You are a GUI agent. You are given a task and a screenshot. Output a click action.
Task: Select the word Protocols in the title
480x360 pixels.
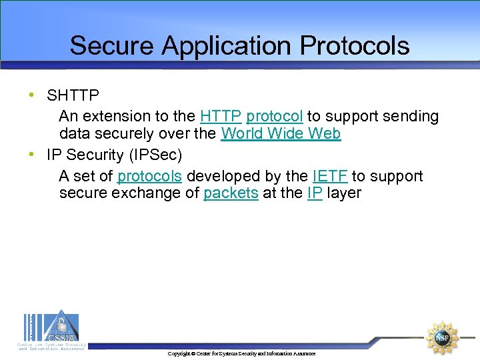coord(355,46)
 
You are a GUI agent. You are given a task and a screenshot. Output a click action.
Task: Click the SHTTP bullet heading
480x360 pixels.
coord(73,95)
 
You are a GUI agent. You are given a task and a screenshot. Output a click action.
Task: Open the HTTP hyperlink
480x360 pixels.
coord(221,116)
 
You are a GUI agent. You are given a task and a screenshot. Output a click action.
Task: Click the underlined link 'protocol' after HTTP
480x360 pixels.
coord(275,116)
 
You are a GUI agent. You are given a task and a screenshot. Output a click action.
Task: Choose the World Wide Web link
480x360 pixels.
coord(281,133)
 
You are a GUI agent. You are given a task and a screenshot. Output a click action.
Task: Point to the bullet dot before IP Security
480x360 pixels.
coord(32,155)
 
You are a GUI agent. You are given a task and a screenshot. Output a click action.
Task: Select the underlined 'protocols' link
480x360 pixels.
coord(150,176)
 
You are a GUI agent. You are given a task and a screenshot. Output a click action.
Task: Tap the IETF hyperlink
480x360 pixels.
coord(329,176)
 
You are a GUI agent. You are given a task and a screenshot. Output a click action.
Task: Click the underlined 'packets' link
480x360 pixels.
coord(231,193)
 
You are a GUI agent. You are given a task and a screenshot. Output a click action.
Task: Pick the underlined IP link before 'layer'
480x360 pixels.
coord(315,193)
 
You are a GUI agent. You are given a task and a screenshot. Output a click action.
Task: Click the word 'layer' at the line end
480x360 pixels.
coord(344,193)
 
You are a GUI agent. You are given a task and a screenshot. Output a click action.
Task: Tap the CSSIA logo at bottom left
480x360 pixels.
coord(51,329)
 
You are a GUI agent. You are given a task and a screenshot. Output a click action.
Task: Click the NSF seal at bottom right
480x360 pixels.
coord(442,337)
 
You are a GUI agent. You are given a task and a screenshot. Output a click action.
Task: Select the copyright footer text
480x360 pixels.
coord(241,353)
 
